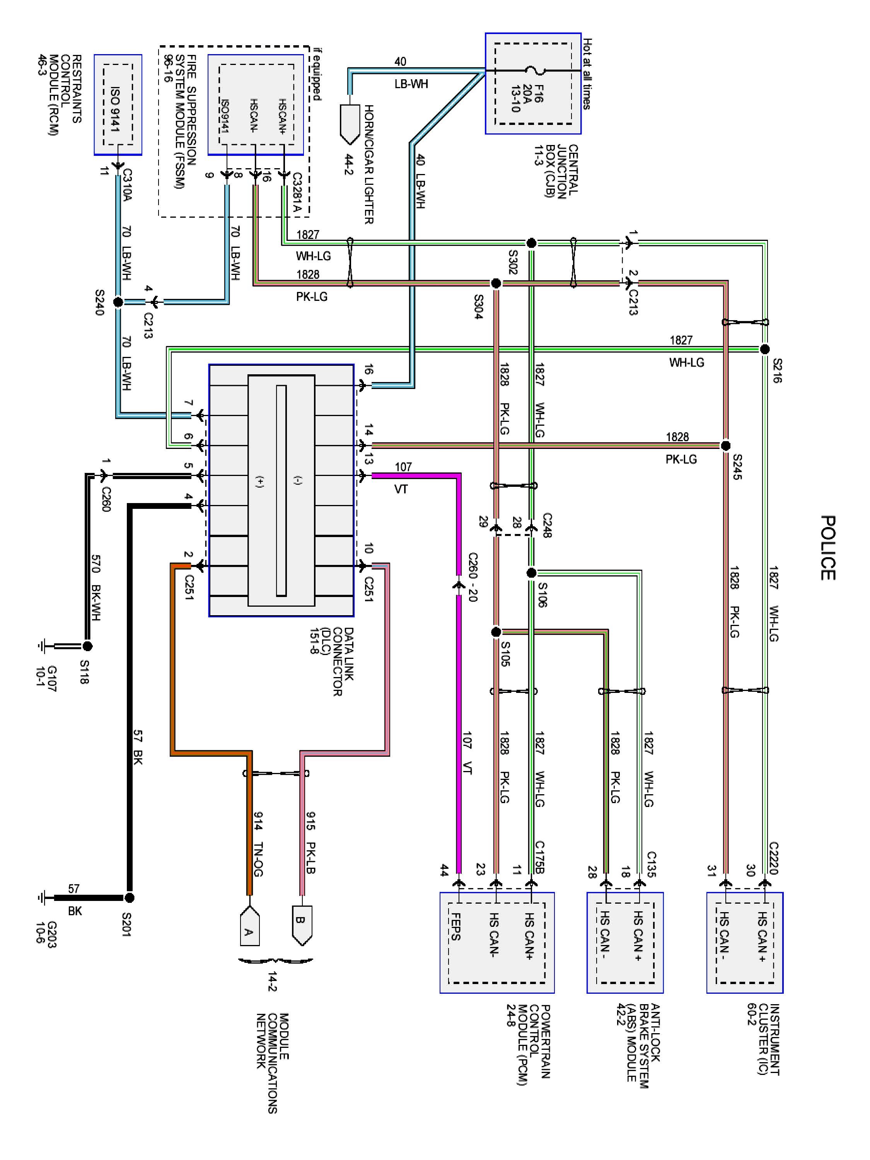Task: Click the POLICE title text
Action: [827, 548]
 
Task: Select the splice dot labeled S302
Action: [531, 243]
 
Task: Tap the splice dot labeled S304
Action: [496, 283]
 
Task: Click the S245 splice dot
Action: [725, 446]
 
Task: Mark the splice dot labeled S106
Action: [531, 572]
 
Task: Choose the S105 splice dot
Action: [496, 632]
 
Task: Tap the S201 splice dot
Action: [130, 898]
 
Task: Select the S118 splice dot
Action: [87, 646]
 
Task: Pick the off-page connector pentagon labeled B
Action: [302, 926]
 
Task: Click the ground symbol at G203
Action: [42, 898]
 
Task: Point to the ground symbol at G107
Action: [42, 646]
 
